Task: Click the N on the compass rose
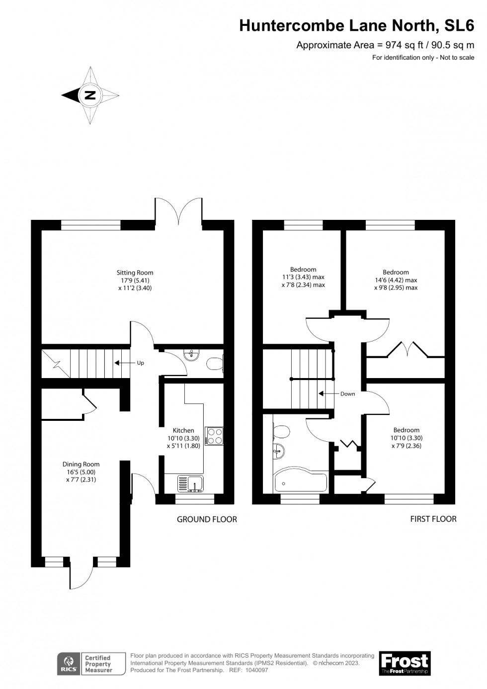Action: (90, 95)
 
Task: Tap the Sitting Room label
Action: (135, 273)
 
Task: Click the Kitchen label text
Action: (183, 430)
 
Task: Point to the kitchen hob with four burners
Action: (215, 436)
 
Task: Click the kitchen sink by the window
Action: (189, 483)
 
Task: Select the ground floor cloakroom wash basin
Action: (190, 355)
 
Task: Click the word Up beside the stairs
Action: (140, 363)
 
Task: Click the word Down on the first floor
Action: (347, 394)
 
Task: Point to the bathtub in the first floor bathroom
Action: (300, 482)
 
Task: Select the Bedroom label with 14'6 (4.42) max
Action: (396, 272)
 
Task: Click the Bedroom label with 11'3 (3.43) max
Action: (303, 270)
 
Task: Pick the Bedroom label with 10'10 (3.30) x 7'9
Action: (406, 430)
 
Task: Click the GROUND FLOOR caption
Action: (207, 519)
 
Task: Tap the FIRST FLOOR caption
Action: (433, 519)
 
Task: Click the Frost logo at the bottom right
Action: (405, 663)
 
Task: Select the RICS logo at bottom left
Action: (69, 663)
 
